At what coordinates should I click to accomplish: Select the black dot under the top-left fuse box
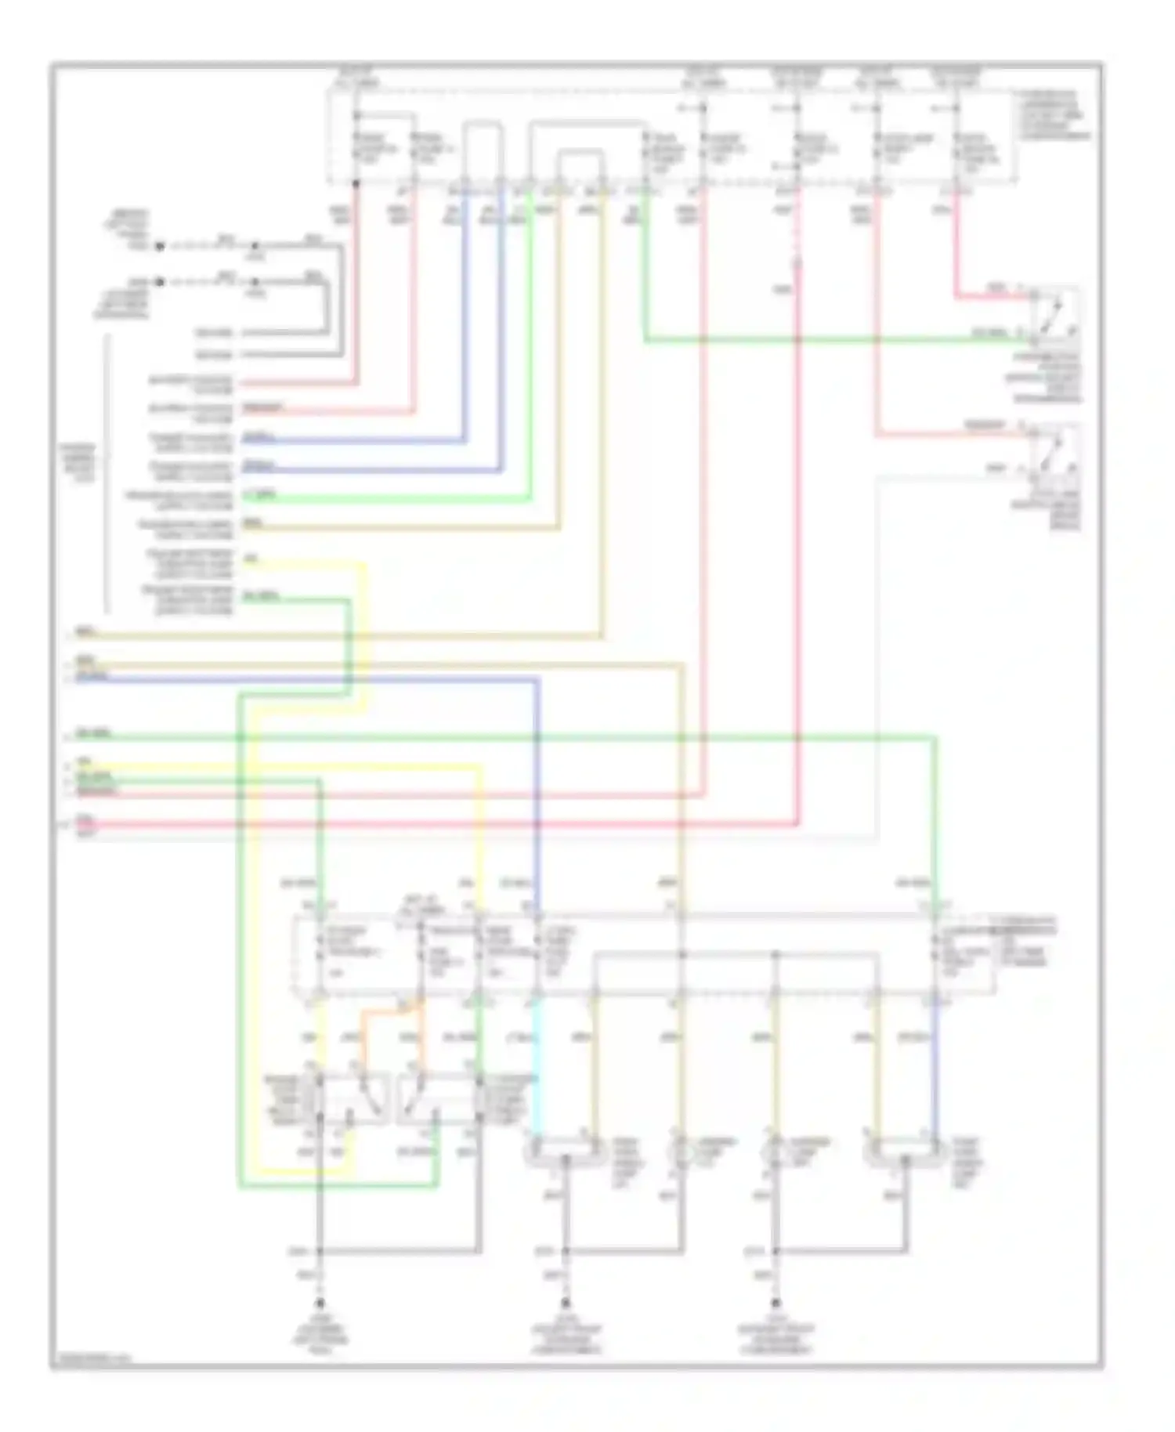356,185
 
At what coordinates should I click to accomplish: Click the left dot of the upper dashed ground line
159,246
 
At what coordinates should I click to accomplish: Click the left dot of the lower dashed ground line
159,281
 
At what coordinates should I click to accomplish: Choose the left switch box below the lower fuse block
345,1097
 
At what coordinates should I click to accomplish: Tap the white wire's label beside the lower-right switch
995,468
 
